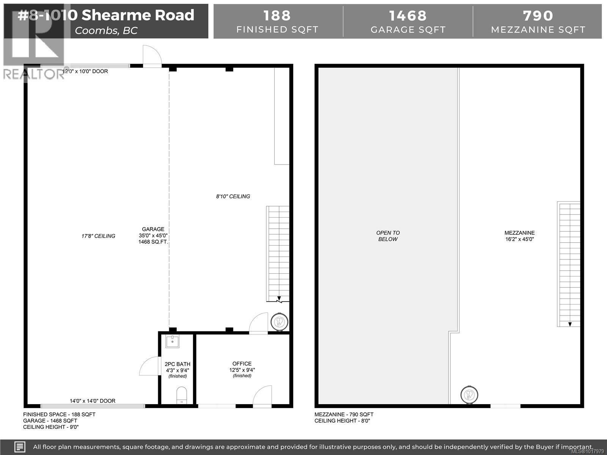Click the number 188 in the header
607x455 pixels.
277,16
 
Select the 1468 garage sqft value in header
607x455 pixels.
408,16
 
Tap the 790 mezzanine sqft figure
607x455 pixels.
538,16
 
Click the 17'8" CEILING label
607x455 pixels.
98,236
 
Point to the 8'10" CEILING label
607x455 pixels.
233,196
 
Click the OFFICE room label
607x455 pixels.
242,364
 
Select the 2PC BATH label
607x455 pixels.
178,364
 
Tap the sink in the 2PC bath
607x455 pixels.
173,342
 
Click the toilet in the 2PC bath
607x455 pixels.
182,395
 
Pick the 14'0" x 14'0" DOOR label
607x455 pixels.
93,401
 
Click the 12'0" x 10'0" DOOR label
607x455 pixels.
86,71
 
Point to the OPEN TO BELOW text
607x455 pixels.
388,236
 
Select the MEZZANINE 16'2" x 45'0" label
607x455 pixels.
519,236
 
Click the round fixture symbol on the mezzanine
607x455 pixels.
470,395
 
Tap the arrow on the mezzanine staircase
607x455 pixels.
570,323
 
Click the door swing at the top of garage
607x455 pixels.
152,56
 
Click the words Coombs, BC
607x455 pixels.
106,30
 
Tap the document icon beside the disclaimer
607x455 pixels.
20,447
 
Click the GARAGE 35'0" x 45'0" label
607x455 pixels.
153,235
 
